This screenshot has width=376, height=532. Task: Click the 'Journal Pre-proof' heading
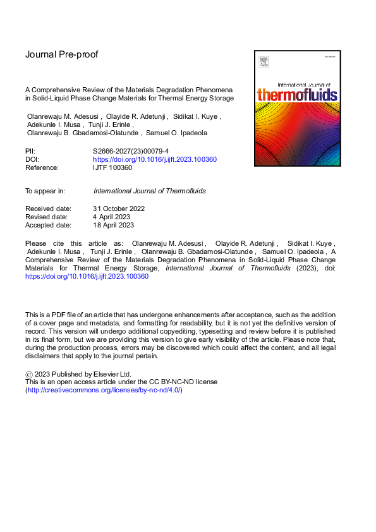[x=61, y=54]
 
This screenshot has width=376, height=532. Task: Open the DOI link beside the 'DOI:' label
[x=155, y=160]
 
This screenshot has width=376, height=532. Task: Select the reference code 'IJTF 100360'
[x=114, y=167]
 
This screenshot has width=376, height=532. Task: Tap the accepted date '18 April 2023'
[x=114, y=224]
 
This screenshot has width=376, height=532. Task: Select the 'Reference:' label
[x=42, y=167]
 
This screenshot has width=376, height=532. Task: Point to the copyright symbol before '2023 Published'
[x=29, y=374]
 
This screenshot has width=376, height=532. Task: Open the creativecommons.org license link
[x=104, y=390]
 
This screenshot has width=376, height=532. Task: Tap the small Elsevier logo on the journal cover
[x=263, y=62]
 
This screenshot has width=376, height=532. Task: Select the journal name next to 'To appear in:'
[x=149, y=190]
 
